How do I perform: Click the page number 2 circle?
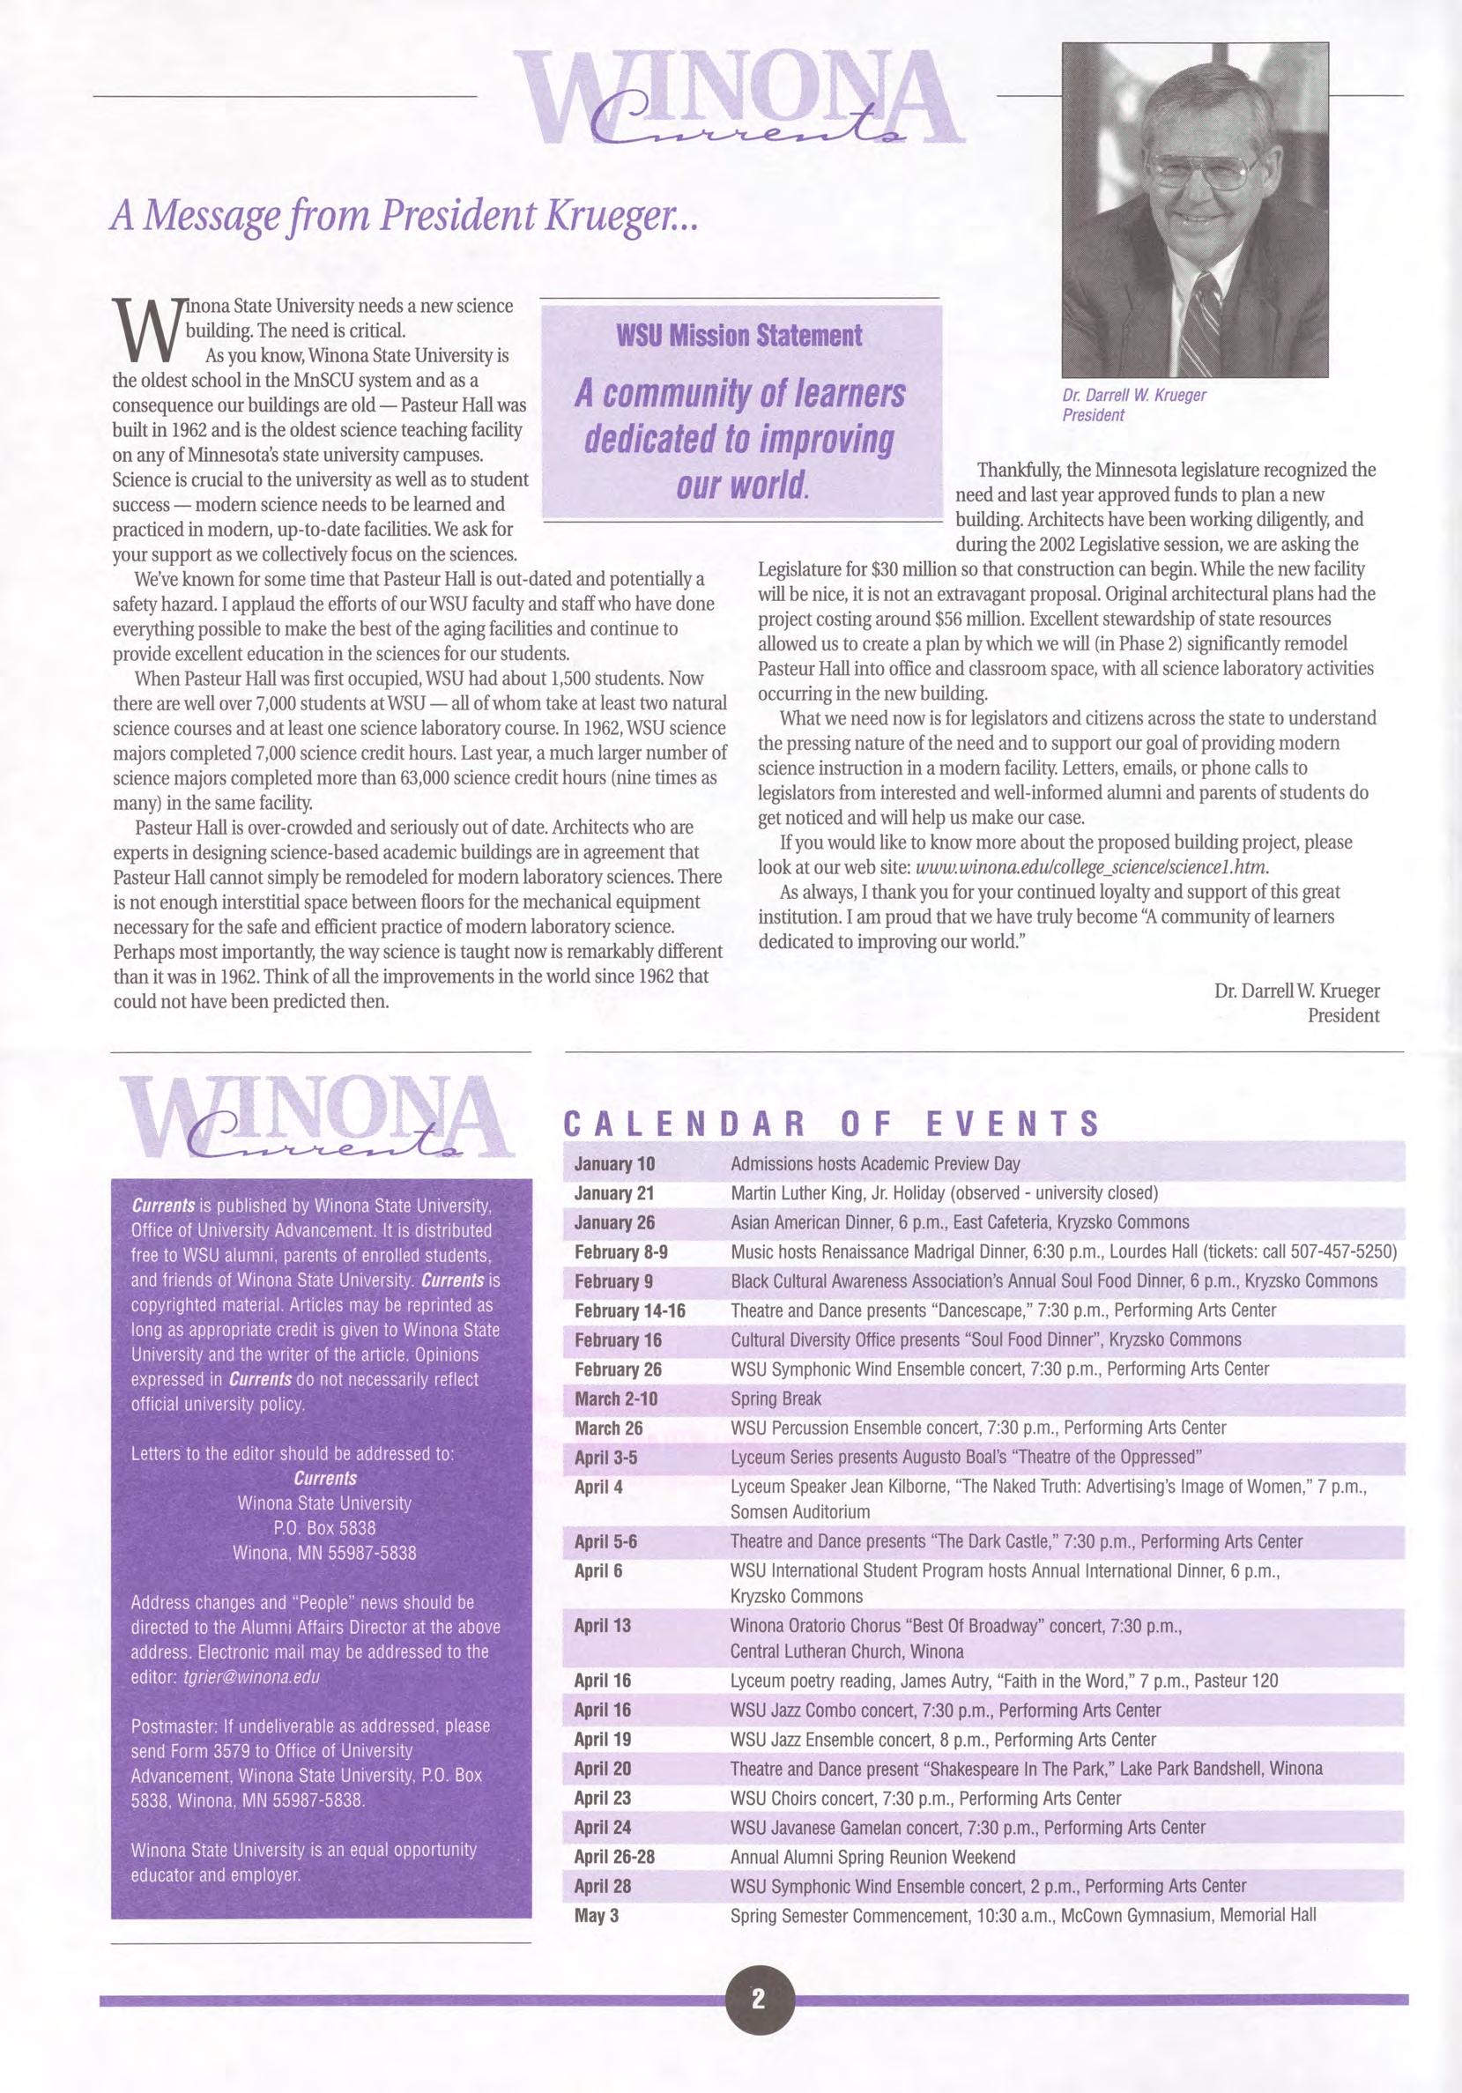click(760, 2020)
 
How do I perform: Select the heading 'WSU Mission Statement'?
click(739, 336)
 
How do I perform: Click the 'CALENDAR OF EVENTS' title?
click(831, 1124)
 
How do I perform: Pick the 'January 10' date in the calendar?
click(614, 1164)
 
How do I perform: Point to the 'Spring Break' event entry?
click(776, 1399)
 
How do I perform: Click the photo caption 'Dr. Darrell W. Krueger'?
click(1133, 396)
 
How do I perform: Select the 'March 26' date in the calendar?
click(609, 1428)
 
